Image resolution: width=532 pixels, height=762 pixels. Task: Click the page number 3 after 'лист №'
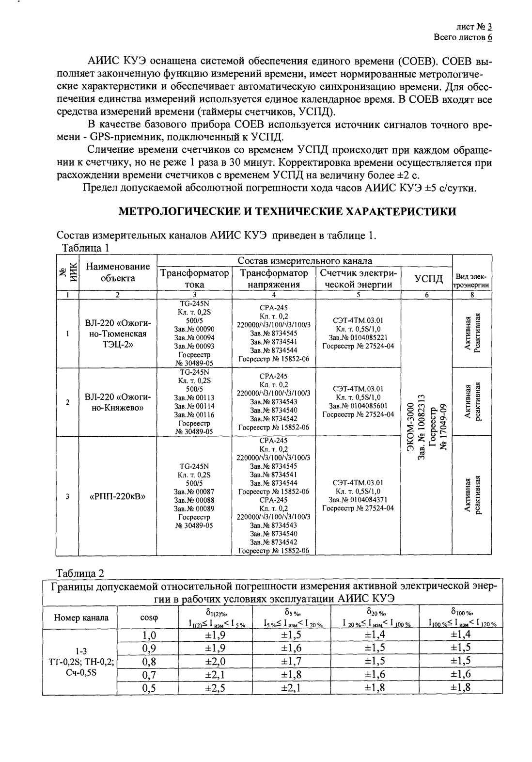pos(490,28)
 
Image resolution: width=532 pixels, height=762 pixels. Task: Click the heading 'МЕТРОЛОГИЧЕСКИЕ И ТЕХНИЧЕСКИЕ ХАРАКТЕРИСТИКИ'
pos(287,211)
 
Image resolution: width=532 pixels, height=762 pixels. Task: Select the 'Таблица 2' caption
pos(80,573)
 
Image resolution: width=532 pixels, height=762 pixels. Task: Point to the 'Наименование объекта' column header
pos(118,272)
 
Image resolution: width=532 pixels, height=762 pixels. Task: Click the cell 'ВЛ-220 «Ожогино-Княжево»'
pos(118,402)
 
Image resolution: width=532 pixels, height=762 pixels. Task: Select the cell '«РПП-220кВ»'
pos(118,496)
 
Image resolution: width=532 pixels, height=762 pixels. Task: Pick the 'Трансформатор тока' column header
pos(195,279)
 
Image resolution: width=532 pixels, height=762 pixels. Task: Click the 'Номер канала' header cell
pos(81,618)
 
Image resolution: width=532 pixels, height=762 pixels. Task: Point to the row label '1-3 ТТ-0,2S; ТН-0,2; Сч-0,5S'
pos(81,661)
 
